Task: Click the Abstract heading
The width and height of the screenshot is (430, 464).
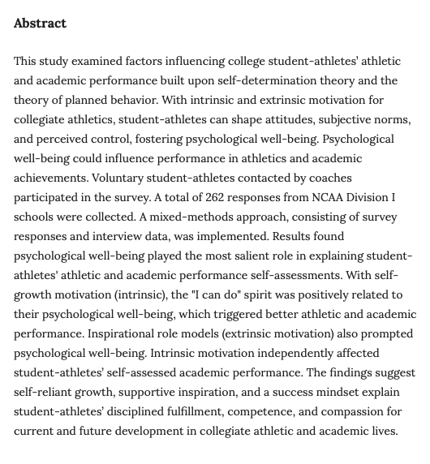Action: (x=40, y=24)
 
